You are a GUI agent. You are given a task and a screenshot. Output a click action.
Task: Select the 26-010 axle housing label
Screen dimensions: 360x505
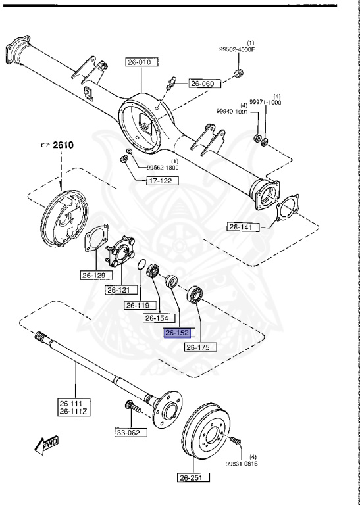tap(142, 62)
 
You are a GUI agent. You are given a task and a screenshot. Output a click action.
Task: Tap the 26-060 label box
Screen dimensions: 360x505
tap(205, 84)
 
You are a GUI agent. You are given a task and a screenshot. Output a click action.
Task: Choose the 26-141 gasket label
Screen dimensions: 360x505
tap(244, 227)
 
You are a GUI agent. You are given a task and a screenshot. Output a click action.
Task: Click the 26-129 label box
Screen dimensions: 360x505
tap(96, 275)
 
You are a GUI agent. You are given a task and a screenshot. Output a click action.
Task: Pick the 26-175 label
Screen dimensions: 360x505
tap(201, 347)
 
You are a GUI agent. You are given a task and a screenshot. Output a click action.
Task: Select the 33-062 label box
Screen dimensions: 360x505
tap(131, 432)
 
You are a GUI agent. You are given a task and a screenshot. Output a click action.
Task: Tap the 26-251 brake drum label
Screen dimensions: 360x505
tap(193, 477)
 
